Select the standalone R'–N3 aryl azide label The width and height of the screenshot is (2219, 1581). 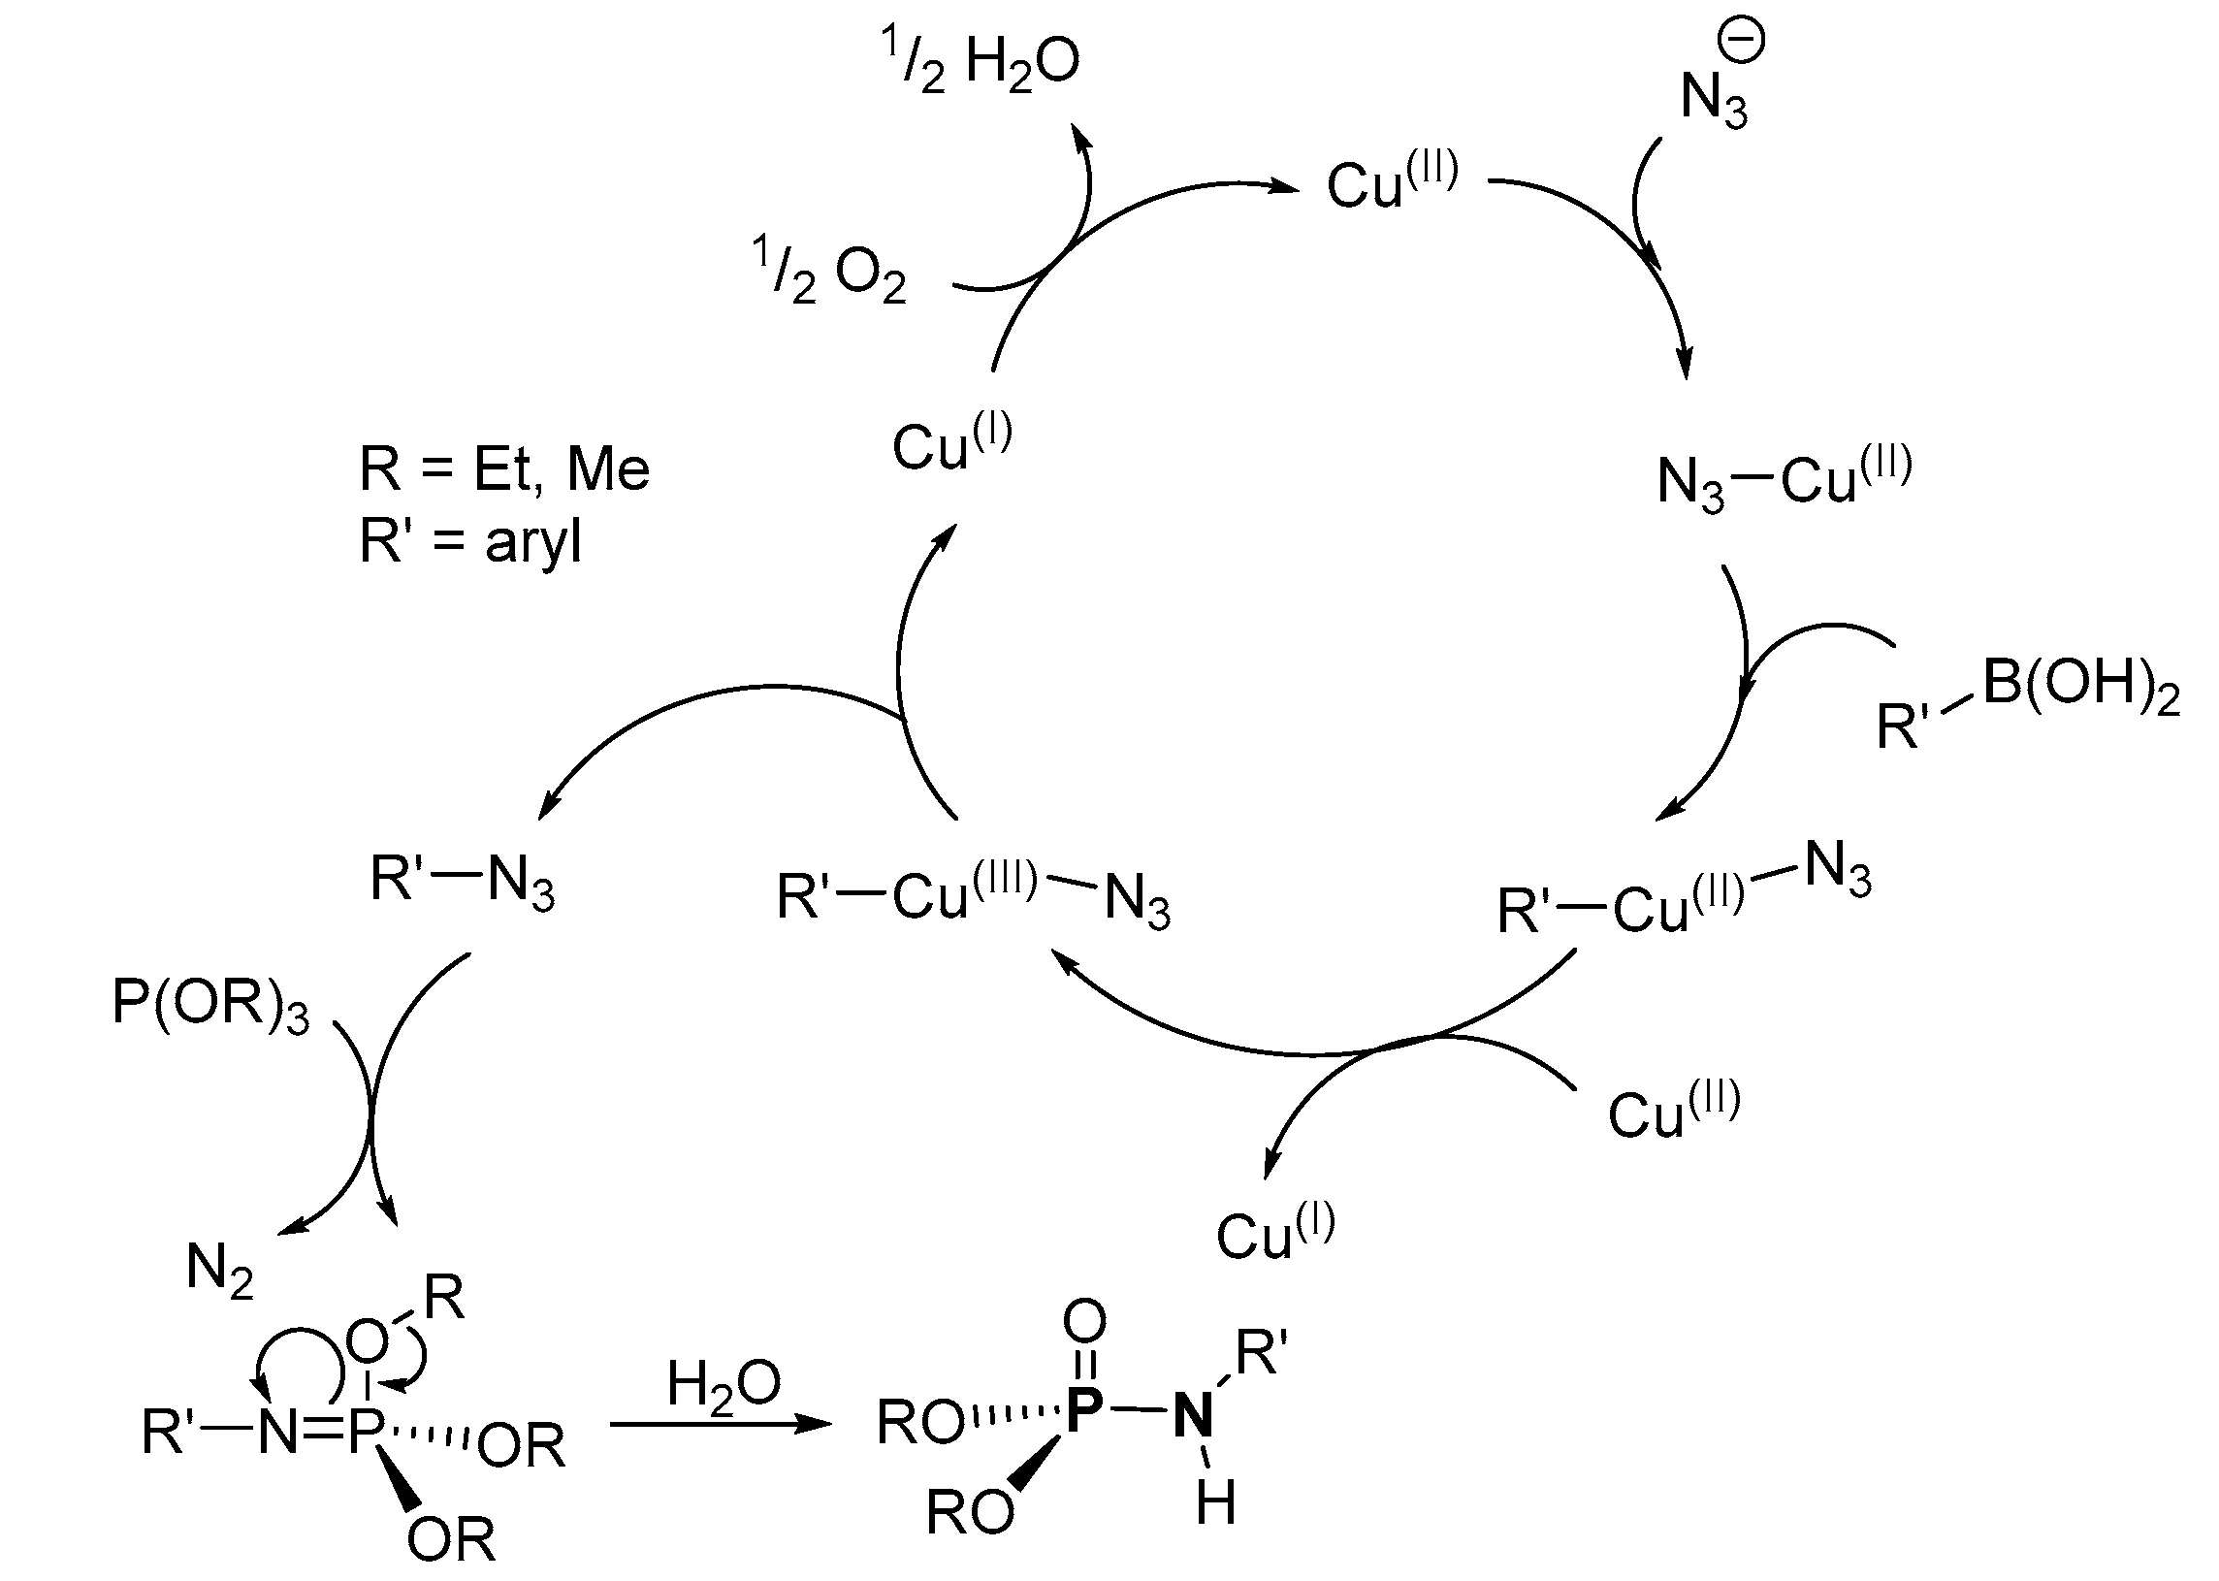(x=463, y=881)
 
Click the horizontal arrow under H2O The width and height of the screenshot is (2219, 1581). (x=721, y=1424)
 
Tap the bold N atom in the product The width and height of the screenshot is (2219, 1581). (x=1194, y=1414)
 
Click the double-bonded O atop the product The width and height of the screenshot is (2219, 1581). (x=1084, y=1321)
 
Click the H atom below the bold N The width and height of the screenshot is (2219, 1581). (x=1215, y=1502)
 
